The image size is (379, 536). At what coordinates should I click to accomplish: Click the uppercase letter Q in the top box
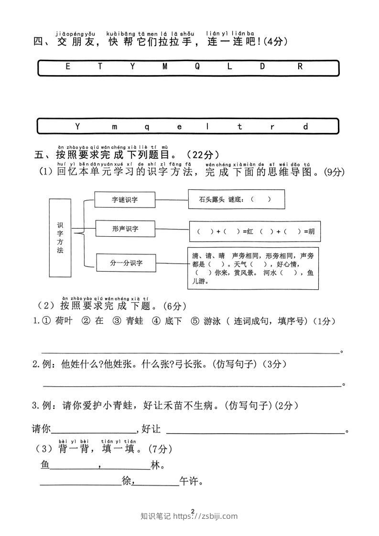[197, 66]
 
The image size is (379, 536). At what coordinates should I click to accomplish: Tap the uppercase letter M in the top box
[165, 66]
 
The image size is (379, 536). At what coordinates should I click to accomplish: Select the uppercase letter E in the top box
[68, 66]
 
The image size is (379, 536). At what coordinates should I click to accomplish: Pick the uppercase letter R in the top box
[300, 66]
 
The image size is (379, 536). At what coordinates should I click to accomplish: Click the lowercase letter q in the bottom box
[147, 127]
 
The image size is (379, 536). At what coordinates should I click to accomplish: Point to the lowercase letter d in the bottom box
[305, 127]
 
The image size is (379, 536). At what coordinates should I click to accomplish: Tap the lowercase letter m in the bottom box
[115, 127]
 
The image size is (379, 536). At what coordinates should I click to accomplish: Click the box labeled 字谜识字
[125, 200]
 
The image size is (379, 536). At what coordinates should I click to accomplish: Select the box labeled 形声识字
[125, 229]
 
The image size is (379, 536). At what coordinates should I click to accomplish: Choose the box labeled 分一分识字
[126, 263]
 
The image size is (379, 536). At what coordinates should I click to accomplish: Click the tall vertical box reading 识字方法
[60, 238]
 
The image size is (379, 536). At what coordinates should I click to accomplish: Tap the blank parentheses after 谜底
[261, 199]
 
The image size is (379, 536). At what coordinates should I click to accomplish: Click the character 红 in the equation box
[250, 231]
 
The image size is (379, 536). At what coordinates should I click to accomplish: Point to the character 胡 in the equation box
[311, 231]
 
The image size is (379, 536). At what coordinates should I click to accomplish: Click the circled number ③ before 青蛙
[117, 321]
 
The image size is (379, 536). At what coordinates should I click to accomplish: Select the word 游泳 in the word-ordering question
[212, 321]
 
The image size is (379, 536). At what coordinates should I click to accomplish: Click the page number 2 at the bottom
[193, 512]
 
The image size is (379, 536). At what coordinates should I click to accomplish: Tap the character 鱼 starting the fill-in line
[45, 465]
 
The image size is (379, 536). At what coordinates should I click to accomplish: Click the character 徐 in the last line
[127, 481]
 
